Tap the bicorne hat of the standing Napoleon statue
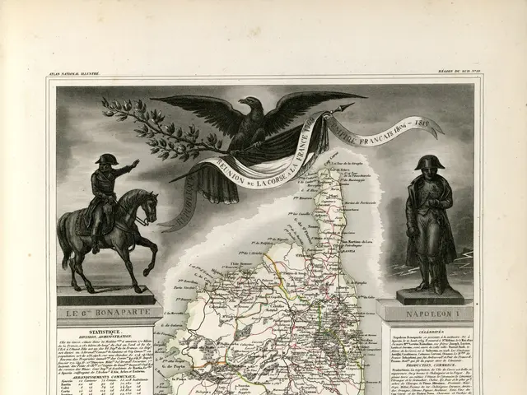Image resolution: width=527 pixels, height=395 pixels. point(428,162)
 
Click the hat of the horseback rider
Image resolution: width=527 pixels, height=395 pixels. point(106,159)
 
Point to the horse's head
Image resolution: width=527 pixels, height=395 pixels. point(147,202)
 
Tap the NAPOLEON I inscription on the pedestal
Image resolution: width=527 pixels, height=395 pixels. point(427,313)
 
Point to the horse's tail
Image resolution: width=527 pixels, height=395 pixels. point(68,239)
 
